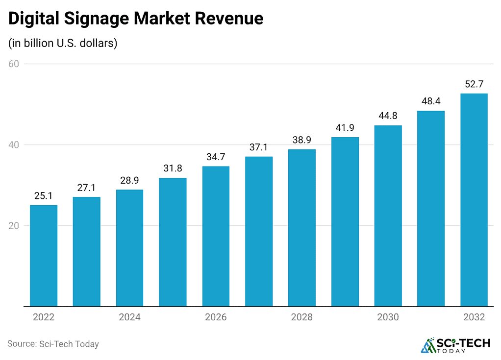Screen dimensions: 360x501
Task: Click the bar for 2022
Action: coord(44,256)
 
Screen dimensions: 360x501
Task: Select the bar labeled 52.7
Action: coord(474,200)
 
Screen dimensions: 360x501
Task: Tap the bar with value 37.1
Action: coord(259,231)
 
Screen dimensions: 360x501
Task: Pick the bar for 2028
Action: coord(302,228)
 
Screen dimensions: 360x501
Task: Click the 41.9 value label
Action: coord(345,128)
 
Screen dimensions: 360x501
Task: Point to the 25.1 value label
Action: coord(44,196)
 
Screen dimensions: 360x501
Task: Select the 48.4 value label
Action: coord(431,101)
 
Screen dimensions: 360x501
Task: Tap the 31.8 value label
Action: coord(173,168)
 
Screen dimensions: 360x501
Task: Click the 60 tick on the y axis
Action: coord(14,64)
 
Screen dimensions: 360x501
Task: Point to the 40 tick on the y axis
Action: coord(14,145)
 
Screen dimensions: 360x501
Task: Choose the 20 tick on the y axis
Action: coord(14,226)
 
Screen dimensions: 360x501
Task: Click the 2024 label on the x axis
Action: coord(129,317)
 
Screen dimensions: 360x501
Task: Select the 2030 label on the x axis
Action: coord(388,317)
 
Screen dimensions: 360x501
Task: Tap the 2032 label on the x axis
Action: coord(474,317)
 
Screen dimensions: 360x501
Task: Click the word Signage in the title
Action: coord(94,19)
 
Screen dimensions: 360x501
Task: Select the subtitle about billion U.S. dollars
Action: coord(63,43)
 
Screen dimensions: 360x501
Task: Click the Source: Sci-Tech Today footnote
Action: coord(53,344)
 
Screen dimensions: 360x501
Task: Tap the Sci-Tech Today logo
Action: coord(455,344)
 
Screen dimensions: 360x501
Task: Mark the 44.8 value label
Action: coord(388,116)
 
